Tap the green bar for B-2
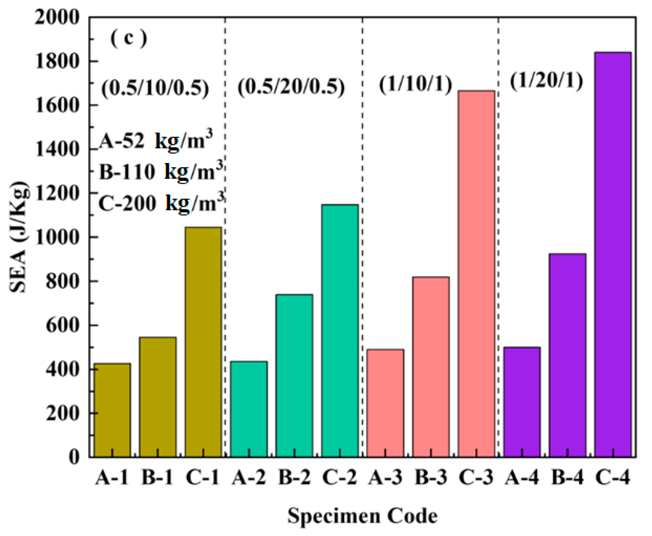pos(294,375)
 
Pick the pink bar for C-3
pos(476,274)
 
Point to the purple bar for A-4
pos(522,402)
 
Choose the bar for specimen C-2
pos(340,330)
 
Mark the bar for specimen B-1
pos(158,397)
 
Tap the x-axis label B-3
pos(431,478)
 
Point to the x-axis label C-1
pos(203,478)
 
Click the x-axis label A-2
pos(249,478)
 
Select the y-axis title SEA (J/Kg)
pos(19,236)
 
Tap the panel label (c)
pos(128,38)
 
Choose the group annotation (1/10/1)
pos(415,84)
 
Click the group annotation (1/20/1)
pos(546,81)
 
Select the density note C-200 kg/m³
pos(161,203)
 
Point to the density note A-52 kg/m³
pos(156,141)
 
